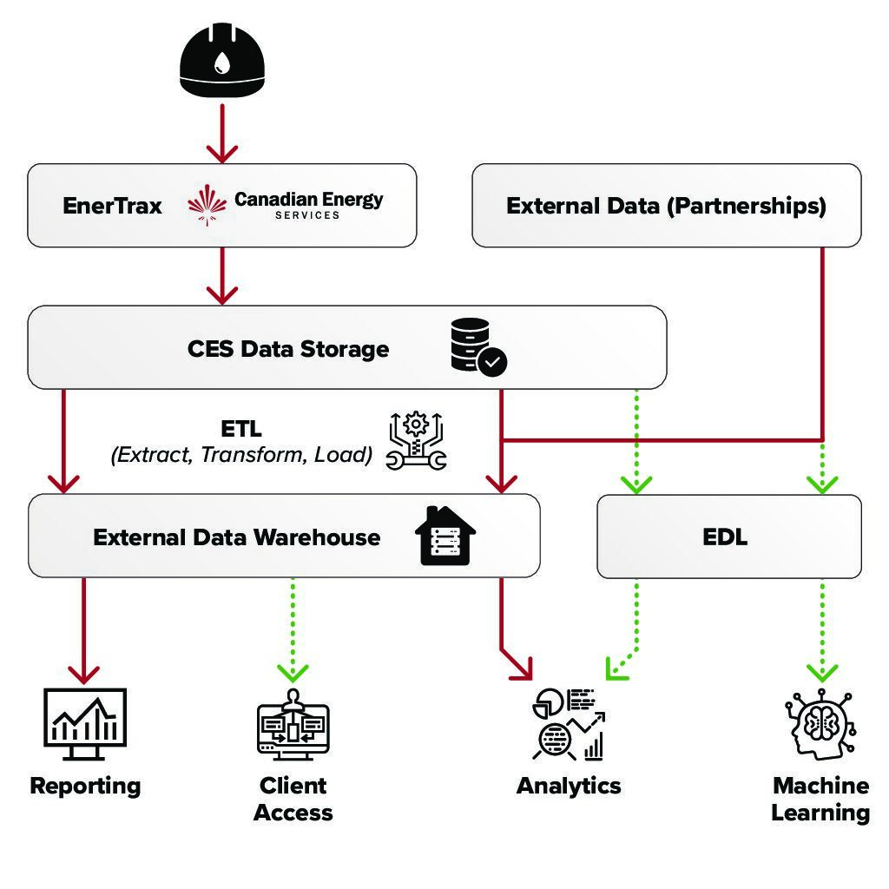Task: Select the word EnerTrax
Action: coord(112,206)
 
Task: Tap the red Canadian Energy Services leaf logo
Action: coord(208,204)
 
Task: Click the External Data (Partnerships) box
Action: coord(666,206)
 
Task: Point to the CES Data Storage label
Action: coord(288,349)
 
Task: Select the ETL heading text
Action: coord(241,429)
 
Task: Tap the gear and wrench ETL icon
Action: coord(416,442)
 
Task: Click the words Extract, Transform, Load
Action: coord(241,454)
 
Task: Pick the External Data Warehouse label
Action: coord(236,537)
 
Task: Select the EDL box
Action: coord(728,537)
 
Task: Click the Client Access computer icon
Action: coord(293,726)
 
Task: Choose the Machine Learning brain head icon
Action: coord(820,726)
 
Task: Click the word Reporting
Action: coord(85,786)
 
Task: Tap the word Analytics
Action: coord(569,786)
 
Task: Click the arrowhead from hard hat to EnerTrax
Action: coord(222,153)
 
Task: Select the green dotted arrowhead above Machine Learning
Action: coord(821,671)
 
